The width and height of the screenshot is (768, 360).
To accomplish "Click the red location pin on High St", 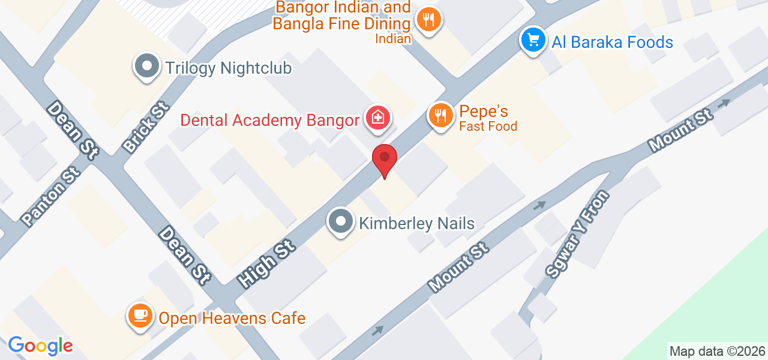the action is (385, 160).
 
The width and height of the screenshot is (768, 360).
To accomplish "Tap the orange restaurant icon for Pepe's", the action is (441, 115).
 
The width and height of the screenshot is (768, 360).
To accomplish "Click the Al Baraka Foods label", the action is (613, 42).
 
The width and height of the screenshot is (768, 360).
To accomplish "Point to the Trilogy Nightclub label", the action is (229, 68).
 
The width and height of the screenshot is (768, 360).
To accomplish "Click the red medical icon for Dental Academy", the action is (377, 118).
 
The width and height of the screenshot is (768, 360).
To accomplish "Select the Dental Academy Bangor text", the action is (270, 120).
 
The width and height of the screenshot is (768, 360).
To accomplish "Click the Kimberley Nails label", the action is (417, 224).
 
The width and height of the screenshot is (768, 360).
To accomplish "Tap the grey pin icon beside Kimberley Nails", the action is (341, 221).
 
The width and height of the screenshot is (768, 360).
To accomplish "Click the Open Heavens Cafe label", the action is (232, 317).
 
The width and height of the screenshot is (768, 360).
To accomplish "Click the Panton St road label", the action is (51, 196).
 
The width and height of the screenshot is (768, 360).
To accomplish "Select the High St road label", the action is (265, 263).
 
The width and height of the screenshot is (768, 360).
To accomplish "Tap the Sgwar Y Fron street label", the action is (577, 234).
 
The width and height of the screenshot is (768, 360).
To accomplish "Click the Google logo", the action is (40, 346).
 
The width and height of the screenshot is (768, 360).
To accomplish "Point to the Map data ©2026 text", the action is (717, 351).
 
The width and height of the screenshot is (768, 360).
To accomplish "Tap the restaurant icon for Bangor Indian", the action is (428, 20).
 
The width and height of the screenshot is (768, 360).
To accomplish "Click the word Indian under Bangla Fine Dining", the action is (394, 39).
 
